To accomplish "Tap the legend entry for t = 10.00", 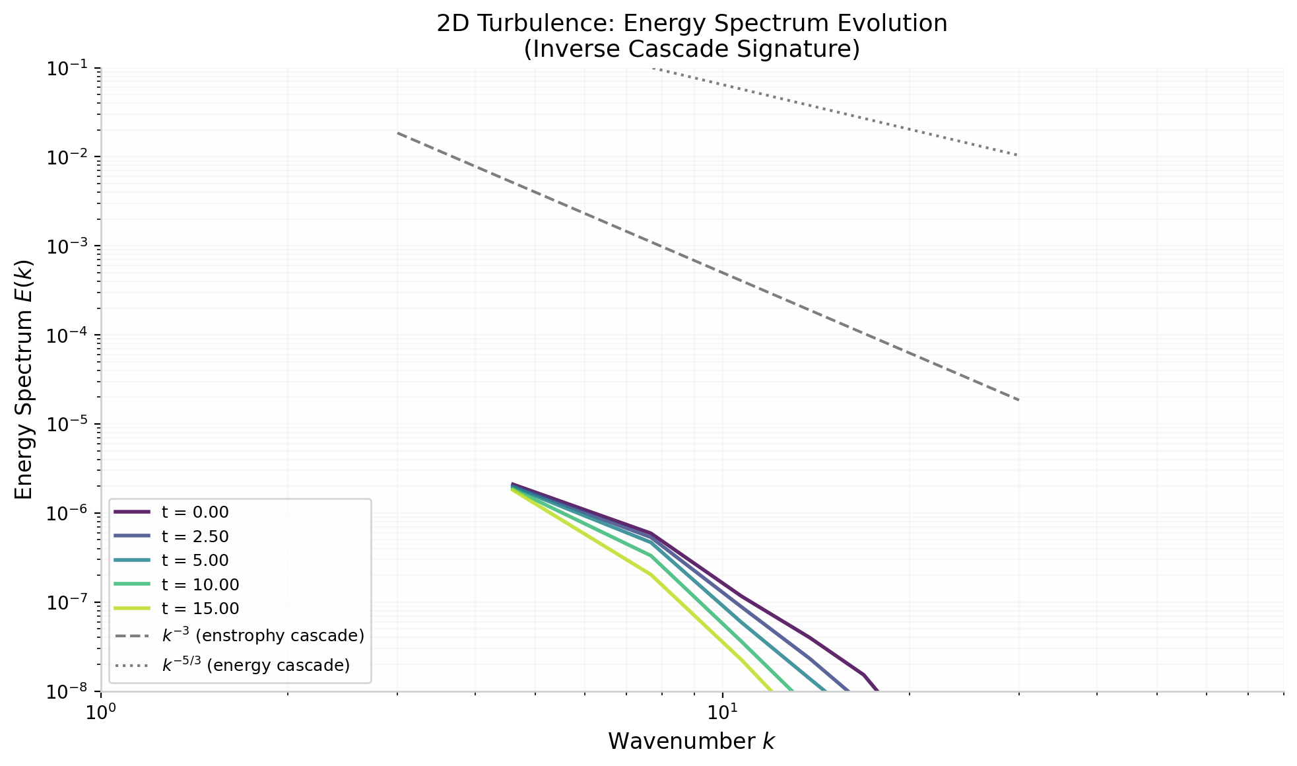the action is coord(177,584).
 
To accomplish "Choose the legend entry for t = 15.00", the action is coord(177,609).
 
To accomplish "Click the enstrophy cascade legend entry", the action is coord(240,636).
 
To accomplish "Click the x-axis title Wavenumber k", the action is coord(691,742).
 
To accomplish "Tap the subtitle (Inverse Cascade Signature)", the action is coord(692,50).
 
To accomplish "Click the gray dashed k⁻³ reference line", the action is coord(708,267).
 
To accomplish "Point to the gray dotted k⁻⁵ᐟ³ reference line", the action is coord(835,112).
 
